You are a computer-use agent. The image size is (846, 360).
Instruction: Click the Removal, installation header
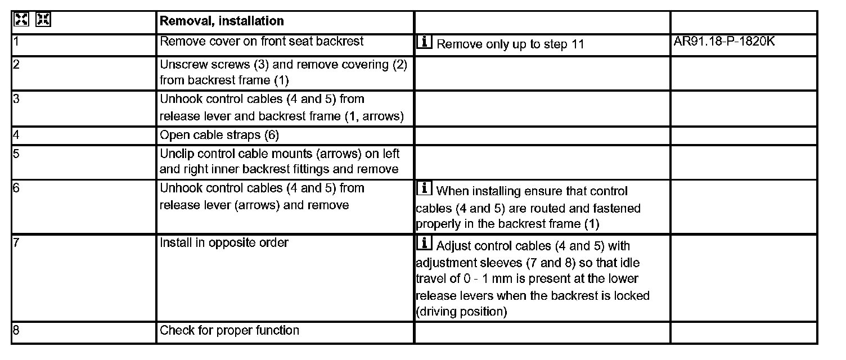click(x=222, y=21)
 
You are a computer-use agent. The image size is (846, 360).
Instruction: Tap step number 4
click(x=16, y=135)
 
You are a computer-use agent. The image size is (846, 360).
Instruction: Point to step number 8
click(x=16, y=331)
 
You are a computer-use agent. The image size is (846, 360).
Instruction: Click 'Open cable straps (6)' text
click(x=219, y=135)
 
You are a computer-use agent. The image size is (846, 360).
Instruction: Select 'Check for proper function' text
click(x=229, y=330)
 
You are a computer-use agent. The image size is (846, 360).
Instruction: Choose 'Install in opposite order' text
click(x=224, y=242)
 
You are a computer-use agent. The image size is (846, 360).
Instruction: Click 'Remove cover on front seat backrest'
click(x=262, y=41)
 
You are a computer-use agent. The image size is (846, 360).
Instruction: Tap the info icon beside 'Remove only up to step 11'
click(x=424, y=42)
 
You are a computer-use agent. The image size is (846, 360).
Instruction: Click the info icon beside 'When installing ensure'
click(x=424, y=189)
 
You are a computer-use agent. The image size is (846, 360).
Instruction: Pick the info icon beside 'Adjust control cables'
click(x=424, y=244)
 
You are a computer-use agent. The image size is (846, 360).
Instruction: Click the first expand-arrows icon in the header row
click(x=21, y=20)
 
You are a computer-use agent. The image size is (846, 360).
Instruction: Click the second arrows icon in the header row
click(x=43, y=20)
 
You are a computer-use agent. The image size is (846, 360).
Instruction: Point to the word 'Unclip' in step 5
click(x=176, y=153)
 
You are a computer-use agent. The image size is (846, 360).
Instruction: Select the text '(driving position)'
click(x=461, y=312)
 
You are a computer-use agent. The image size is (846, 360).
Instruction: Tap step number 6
click(x=16, y=188)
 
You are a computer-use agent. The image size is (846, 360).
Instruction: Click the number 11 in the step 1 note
click(x=577, y=44)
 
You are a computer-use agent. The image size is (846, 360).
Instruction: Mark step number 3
click(x=16, y=100)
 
